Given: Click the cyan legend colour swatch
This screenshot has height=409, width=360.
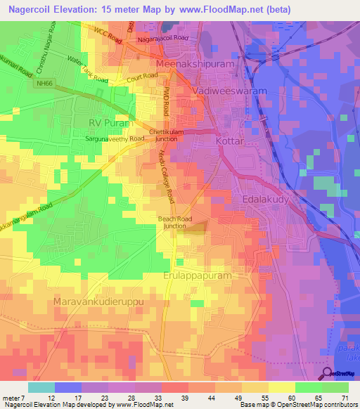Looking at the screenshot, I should click(x=41, y=387).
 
